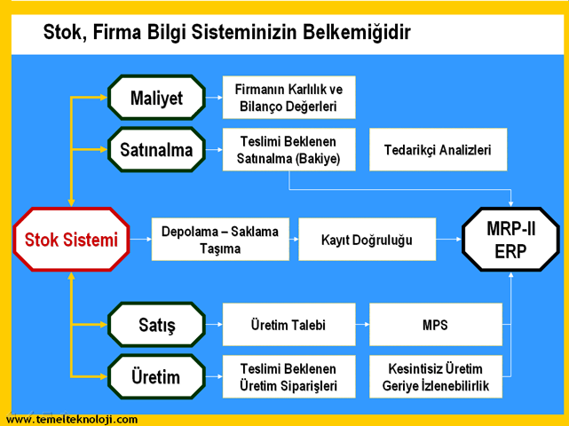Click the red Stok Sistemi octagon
[x=71, y=240]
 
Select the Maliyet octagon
[x=156, y=98]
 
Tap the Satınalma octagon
[x=156, y=149]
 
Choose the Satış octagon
[x=156, y=325]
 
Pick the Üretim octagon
[x=156, y=376]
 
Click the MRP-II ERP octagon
[x=510, y=240]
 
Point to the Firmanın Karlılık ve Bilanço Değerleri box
[x=288, y=98]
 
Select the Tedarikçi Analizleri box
[x=438, y=149]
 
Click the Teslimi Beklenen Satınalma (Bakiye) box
[x=288, y=149]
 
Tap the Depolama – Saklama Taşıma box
[x=220, y=239]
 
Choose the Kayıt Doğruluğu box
[x=367, y=239]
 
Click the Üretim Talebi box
[x=288, y=325]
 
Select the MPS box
[x=436, y=325]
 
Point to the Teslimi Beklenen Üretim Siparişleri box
[x=288, y=376]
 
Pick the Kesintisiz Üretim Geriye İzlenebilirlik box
[x=436, y=376]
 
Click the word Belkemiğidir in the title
[x=357, y=32]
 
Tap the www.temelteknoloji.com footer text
[x=72, y=420]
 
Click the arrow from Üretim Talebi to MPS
[x=362, y=325]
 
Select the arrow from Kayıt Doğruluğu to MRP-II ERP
[x=449, y=239]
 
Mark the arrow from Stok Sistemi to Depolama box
[x=141, y=239]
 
